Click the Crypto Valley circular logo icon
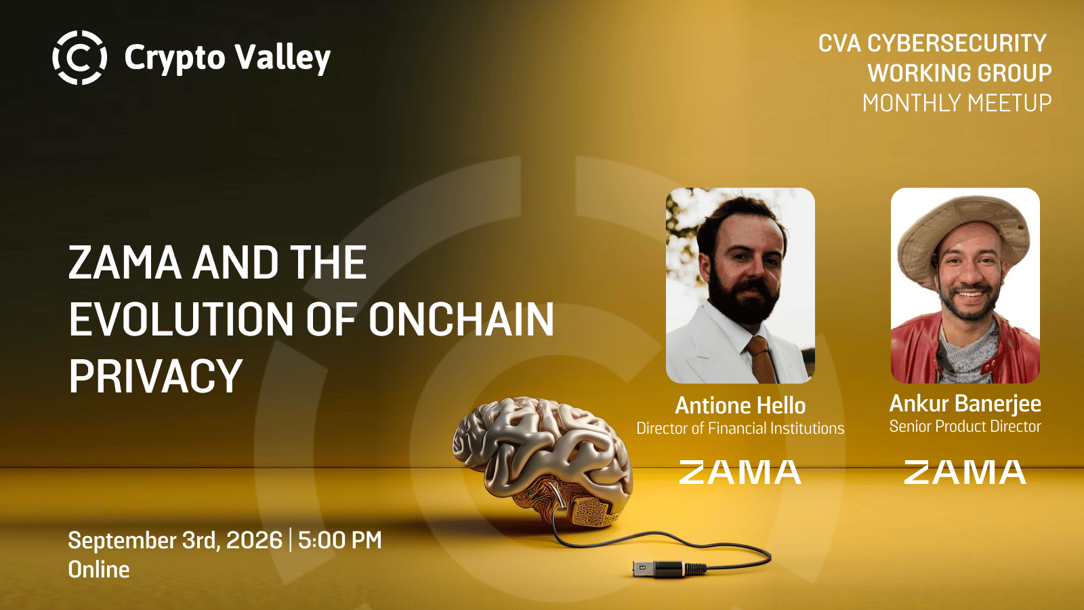tap(79, 58)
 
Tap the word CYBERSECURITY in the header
tap(957, 43)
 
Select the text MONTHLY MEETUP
tap(957, 103)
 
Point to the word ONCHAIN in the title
tap(461, 319)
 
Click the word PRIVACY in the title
tap(155, 375)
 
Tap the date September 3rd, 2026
tap(175, 540)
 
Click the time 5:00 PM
tap(339, 540)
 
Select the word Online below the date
tap(99, 570)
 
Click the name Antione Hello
tap(741, 406)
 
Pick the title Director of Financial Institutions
tap(741, 428)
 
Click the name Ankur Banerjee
tap(965, 404)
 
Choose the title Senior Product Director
tap(965, 426)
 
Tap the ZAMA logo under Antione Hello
tap(741, 472)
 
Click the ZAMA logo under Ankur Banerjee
tap(965, 472)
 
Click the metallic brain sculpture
tap(543, 460)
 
